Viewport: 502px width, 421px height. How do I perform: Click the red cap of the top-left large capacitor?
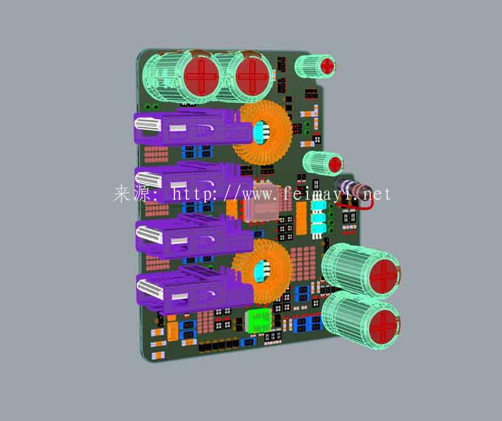click(x=201, y=76)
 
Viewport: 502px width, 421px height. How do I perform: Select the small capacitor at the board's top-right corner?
click(x=315, y=67)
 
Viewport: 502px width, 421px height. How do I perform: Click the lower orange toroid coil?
click(x=262, y=271)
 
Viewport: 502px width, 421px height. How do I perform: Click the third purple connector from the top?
click(x=194, y=236)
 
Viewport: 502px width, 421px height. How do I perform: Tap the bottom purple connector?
click(x=195, y=290)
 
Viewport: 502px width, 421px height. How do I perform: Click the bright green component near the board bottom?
click(x=259, y=320)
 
